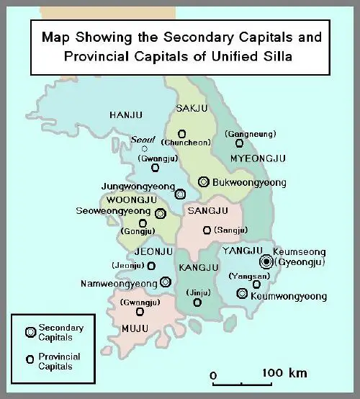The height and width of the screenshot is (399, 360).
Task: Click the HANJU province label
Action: click(x=127, y=115)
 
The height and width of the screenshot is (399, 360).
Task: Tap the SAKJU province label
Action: click(x=191, y=109)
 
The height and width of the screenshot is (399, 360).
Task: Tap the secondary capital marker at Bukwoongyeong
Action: click(x=204, y=181)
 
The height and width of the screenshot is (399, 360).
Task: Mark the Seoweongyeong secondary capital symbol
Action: click(x=160, y=213)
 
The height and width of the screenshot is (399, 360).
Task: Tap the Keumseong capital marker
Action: click(x=266, y=261)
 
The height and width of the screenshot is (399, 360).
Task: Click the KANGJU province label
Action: click(x=197, y=268)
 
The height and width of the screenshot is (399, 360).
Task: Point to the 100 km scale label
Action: click(x=284, y=373)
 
